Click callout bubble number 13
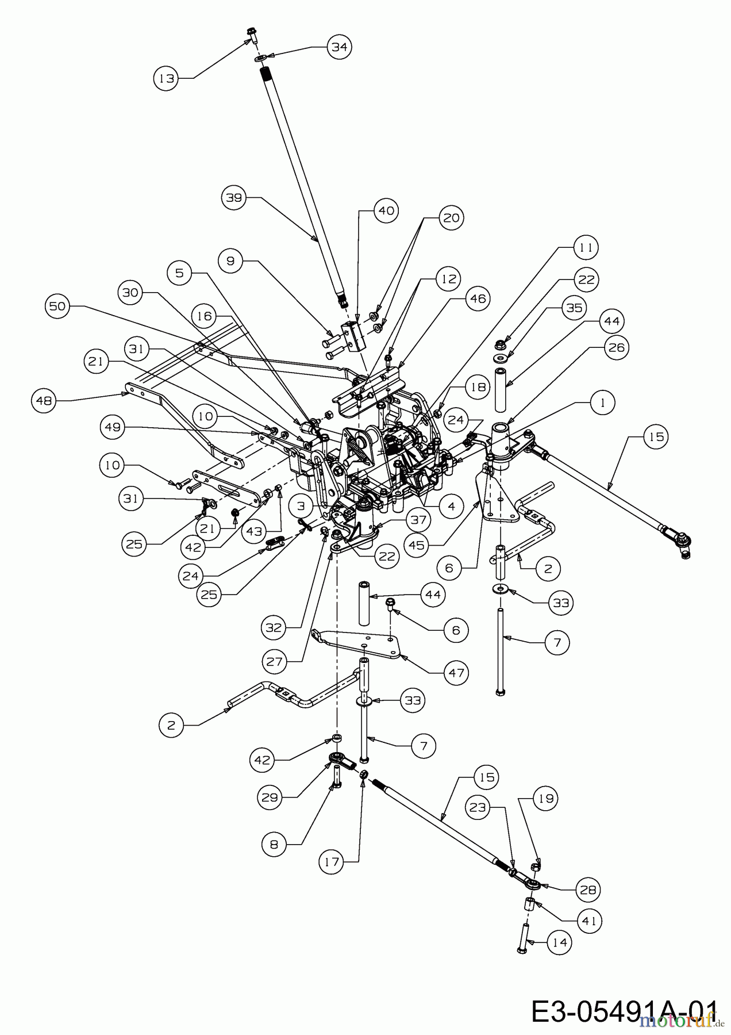pos(166,79)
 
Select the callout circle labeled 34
pos(339,47)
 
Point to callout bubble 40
pos(386,211)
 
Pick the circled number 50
pos(57,307)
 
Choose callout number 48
pos(44,401)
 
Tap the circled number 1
pos(602,403)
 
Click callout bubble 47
pos(457,673)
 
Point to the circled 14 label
pos(559,942)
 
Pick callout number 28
pos(587,890)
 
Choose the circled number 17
pos(333,862)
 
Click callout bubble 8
pos(274,845)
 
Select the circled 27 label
pos(274,662)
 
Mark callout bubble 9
pos(230,261)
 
